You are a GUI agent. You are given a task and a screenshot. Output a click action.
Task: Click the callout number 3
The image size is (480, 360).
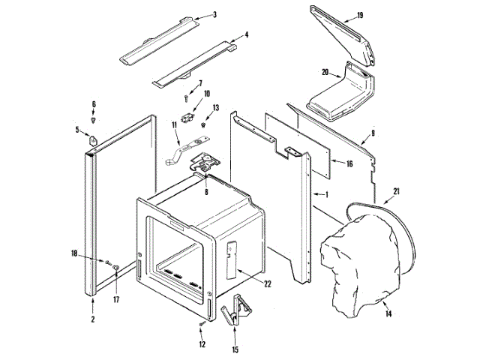[214, 14]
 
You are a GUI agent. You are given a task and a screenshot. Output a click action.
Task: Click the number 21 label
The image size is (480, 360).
[396, 191]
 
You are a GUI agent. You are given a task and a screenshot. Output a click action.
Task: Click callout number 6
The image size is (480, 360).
[94, 103]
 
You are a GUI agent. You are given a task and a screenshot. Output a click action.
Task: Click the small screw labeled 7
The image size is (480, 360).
[186, 97]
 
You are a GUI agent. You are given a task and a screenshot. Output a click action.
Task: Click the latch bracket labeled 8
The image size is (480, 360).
[206, 163]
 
